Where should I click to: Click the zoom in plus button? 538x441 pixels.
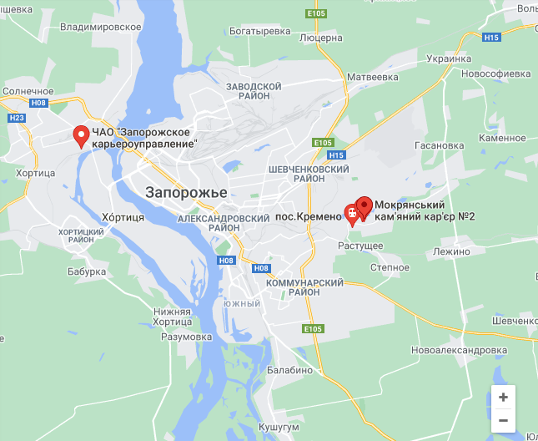(502, 398)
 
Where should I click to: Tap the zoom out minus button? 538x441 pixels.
(502, 420)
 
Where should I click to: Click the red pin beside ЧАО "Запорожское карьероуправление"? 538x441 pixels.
(82, 136)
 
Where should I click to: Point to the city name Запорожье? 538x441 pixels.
(186, 192)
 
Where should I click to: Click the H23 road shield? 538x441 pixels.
(16, 118)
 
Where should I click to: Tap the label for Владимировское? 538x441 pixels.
(101, 27)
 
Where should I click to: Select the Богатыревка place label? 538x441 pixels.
(260, 31)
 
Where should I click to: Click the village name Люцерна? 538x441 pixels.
(321, 38)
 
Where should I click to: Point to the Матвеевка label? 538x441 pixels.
(373, 77)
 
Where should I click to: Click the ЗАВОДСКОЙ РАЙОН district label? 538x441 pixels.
(254, 91)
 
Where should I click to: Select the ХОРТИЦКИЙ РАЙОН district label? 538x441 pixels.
(81, 235)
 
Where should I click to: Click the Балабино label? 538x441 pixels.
(290, 369)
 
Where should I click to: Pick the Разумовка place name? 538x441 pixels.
(189, 337)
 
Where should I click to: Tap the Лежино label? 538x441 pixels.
(452, 251)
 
